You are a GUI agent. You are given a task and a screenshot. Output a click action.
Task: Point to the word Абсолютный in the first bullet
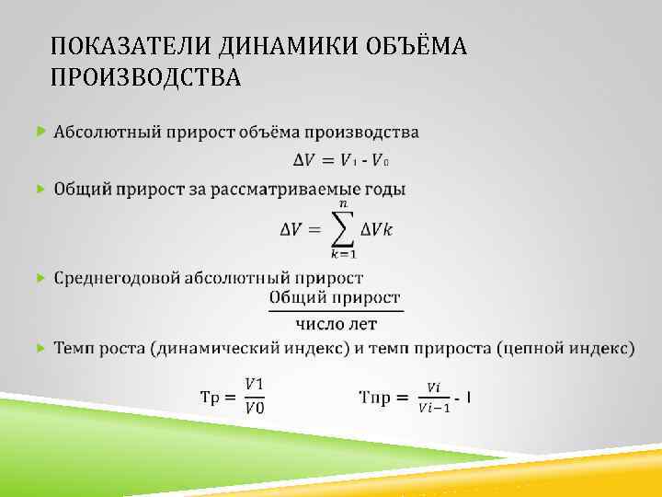pos(105,133)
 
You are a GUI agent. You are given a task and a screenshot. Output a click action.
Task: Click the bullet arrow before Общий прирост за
pos(40,189)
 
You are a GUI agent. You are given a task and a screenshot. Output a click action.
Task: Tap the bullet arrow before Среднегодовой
pos(40,277)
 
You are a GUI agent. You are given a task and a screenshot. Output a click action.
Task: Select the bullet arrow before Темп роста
pos(40,348)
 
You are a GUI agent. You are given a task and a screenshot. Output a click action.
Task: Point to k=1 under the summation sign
pos(345,255)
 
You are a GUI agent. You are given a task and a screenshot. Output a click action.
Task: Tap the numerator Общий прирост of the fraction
pos(335,297)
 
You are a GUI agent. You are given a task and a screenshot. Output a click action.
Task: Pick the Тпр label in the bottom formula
pos(379,398)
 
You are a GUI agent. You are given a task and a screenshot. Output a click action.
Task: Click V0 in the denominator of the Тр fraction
pos(255,409)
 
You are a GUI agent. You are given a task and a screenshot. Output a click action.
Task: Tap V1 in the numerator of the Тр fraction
pos(255,384)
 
